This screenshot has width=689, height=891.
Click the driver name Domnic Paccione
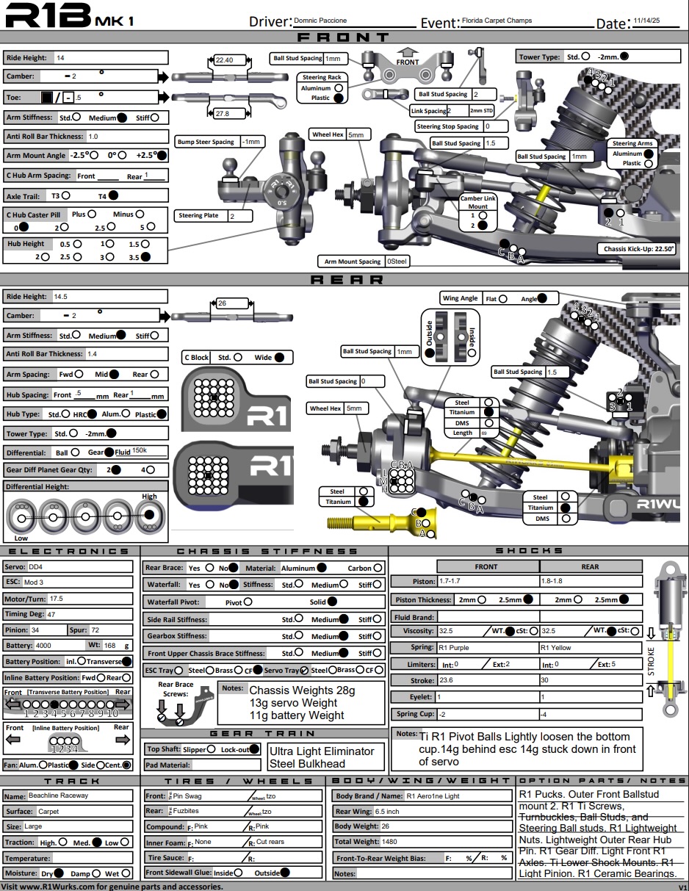click(x=320, y=21)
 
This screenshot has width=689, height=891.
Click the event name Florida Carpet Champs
click(x=497, y=21)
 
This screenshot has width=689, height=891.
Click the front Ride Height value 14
click(x=60, y=57)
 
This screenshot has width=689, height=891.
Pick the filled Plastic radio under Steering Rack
click(x=338, y=97)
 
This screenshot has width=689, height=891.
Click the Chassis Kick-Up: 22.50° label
click(x=636, y=248)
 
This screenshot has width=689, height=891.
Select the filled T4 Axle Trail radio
click(x=113, y=195)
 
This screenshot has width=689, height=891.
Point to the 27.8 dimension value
click(x=223, y=114)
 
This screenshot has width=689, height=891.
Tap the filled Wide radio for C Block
click(x=279, y=357)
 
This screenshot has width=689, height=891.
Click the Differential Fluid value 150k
click(x=140, y=451)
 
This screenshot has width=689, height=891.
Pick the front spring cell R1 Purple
click(x=453, y=648)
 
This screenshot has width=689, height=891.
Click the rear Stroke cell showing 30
click(x=544, y=681)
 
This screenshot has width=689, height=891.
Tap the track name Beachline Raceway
click(x=58, y=796)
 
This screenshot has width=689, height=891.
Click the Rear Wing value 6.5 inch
click(x=387, y=812)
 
